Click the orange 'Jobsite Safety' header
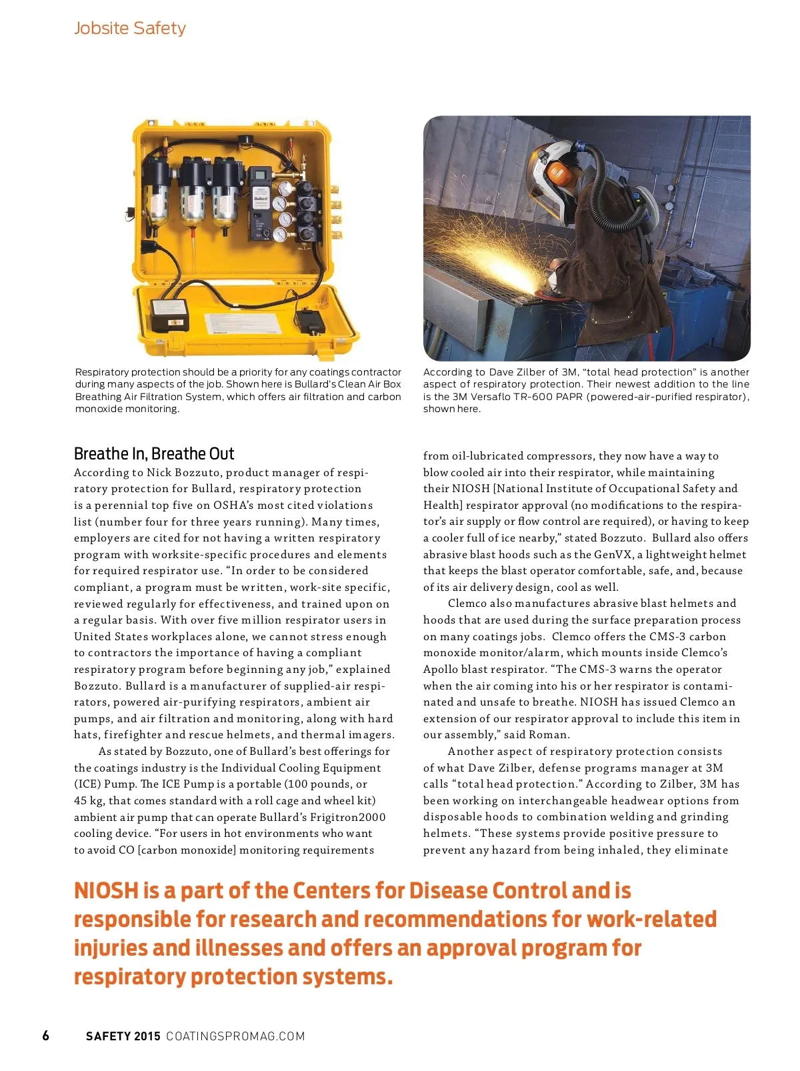click(129, 28)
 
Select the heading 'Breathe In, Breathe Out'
click(154, 454)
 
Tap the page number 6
click(45, 1036)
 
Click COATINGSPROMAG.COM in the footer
click(235, 1036)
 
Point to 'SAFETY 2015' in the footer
click(123, 1036)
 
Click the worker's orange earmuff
click(559, 173)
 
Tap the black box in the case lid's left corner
click(169, 315)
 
